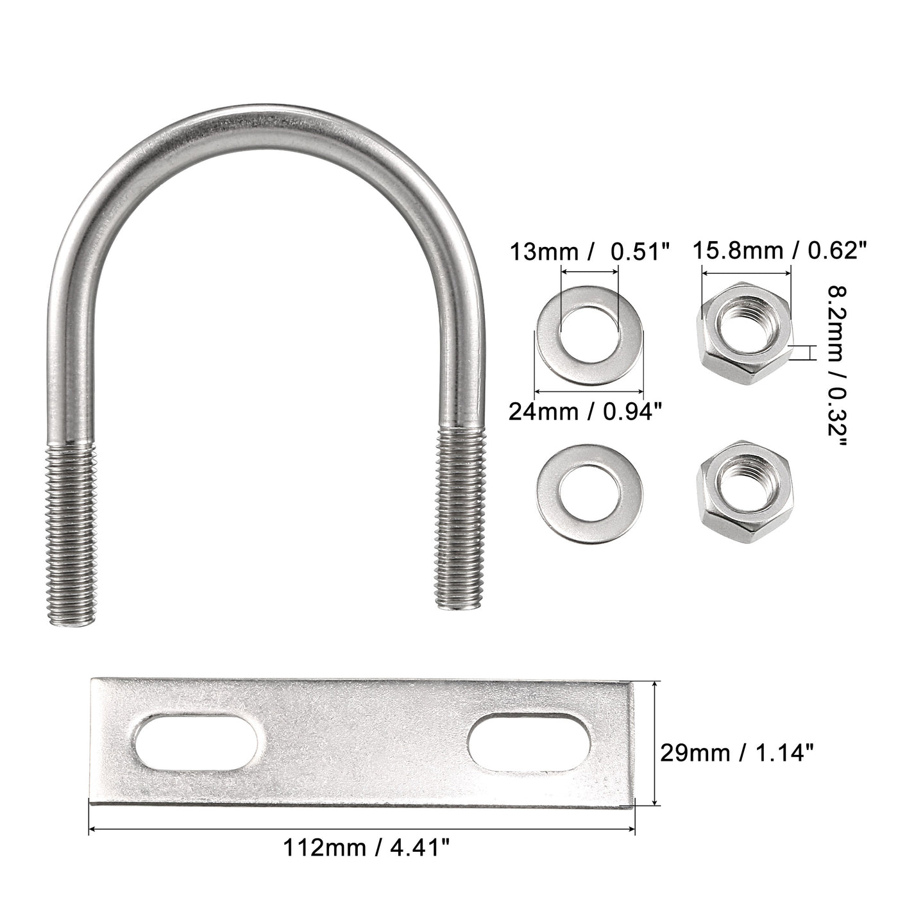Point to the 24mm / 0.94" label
click(x=584, y=411)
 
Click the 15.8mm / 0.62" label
click(x=781, y=250)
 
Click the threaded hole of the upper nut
click(x=743, y=320)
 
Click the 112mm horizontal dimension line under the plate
click(x=362, y=829)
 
